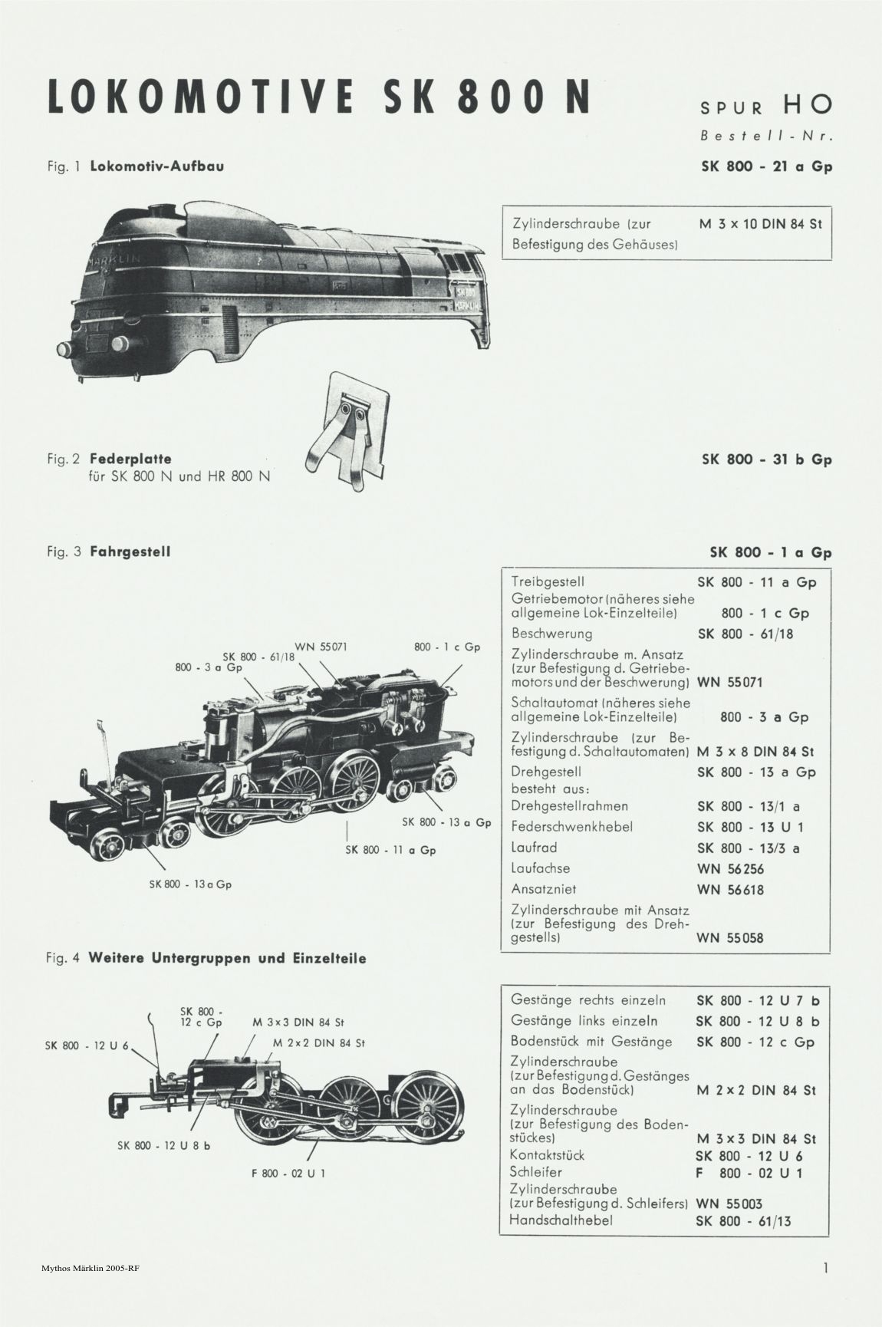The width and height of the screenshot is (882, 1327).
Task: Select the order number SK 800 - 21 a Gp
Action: (x=767, y=166)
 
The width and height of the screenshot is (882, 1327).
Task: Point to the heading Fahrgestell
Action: (x=130, y=552)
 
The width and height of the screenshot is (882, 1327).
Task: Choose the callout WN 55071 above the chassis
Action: (x=321, y=647)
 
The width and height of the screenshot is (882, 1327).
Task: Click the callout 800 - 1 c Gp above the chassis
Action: (x=447, y=647)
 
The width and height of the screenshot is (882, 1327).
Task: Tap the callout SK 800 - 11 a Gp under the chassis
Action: (x=390, y=850)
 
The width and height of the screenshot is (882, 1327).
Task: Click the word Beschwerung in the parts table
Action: (x=551, y=634)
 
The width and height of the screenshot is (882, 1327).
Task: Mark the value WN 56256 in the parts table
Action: (x=730, y=869)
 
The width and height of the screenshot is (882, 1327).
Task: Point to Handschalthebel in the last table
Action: (x=561, y=1220)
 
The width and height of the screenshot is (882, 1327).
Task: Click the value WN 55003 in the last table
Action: (x=729, y=1204)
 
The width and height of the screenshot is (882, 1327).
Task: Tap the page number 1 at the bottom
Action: (x=826, y=1268)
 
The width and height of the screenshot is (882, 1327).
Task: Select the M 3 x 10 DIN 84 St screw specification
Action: (x=761, y=225)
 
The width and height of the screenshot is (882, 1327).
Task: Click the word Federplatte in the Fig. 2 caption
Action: (x=130, y=459)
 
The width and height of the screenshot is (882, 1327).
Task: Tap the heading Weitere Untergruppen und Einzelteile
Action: (x=228, y=958)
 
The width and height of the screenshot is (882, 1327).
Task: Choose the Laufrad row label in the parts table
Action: (x=534, y=848)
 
